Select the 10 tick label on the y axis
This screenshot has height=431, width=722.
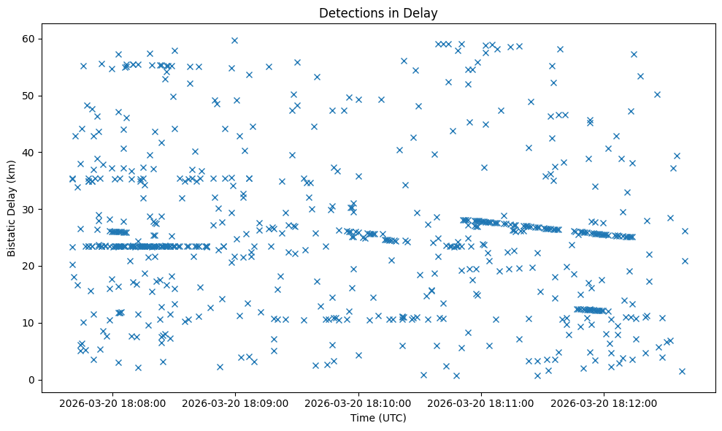30,323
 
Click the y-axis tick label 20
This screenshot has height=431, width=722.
30,266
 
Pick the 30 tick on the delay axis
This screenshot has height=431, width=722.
30,209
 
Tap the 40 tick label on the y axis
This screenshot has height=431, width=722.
30,152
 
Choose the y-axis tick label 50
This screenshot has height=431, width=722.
30,96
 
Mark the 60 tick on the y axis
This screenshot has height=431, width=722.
30,39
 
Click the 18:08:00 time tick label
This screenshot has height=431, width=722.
113,403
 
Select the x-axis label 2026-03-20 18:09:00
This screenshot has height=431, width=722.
236,403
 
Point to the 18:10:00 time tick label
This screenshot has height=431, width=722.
358,403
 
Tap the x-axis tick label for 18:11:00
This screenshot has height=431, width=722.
481,403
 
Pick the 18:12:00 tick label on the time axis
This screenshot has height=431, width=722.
604,403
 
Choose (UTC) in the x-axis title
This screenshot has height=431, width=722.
392,419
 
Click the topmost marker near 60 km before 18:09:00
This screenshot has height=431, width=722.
234,40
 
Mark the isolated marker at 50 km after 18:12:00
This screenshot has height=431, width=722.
657,94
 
